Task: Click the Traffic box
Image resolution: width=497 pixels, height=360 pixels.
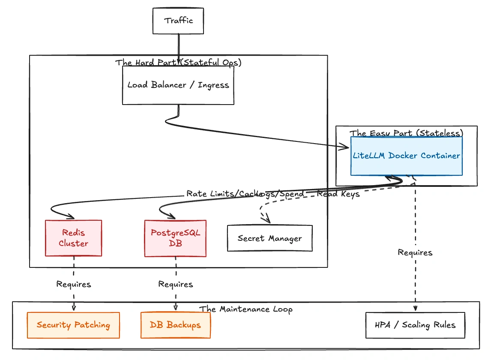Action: (x=178, y=21)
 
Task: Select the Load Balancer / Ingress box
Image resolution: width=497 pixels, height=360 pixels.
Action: (x=178, y=85)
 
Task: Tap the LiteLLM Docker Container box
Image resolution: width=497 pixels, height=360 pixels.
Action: (x=406, y=156)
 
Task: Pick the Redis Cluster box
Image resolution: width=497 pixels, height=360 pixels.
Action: (x=74, y=238)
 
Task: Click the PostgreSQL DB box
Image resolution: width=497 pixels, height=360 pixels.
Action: (x=175, y=238)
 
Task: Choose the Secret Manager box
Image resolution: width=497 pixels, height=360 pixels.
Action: (x=269, y=238)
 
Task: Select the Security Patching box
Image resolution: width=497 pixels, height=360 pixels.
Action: (x=73, y=325)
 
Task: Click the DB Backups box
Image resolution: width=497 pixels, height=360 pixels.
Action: (x=175, y=325)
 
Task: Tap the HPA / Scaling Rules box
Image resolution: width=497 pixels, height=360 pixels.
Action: (x=415, y=325)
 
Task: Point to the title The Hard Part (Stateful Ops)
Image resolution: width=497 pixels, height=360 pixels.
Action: (x=178, y=63)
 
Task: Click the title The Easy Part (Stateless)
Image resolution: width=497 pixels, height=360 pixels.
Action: (x=406, y=133)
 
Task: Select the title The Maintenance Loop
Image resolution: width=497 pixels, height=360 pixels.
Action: (x=246, y=309)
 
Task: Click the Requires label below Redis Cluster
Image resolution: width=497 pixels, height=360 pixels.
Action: (x=74, y=284)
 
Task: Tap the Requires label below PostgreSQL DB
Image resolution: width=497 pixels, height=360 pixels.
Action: (x=175, y=284)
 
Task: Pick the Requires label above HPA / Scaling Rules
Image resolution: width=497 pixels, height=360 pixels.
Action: (x=415, y=252)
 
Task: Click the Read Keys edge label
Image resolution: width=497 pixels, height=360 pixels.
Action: (x=338, y=194)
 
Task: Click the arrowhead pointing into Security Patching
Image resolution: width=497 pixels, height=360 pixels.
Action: (x=74, y=307)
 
